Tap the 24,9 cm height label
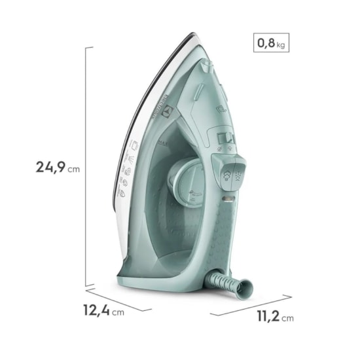58,167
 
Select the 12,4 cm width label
98,312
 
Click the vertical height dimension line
86,167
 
